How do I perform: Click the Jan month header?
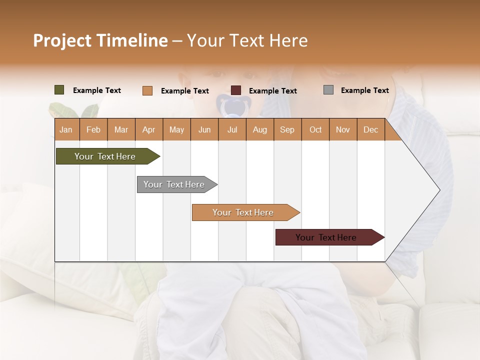pos(66,129)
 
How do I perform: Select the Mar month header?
pos(121,129)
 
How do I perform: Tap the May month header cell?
pos(176,129)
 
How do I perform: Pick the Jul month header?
pos(232,129)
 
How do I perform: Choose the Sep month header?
pos(287,129)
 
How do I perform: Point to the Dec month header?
pos(370,129)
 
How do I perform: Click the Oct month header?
pos(315,129)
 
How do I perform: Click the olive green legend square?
pos(59,90)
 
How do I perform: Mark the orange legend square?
pos(147,90)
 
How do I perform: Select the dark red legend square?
pos(236,90)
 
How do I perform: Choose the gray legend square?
pos(328,90)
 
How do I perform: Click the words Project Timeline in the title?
pos(100,40)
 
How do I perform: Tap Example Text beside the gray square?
pos(364,90)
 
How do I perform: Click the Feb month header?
pos(93,129)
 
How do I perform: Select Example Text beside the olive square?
pos(96,90)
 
